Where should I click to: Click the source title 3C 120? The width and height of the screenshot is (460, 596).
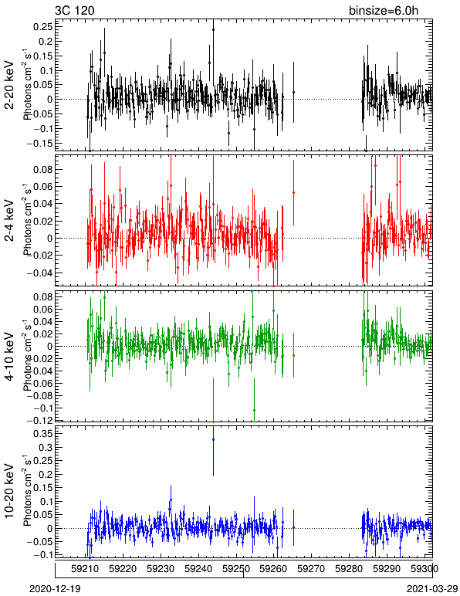[74, 10]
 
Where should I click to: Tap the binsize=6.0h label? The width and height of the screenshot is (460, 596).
[384, 11]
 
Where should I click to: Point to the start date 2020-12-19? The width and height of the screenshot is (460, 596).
[55, 589]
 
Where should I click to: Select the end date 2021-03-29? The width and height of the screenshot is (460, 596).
[432, 589]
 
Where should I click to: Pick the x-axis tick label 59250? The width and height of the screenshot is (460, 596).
[236, 569]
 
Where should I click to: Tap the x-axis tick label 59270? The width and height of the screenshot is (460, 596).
[312, 569]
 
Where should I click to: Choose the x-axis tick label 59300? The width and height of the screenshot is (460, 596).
[424, 569]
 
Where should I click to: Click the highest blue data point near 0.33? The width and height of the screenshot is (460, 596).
[214, 440]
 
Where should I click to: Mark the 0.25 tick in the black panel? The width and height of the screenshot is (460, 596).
[44, 26]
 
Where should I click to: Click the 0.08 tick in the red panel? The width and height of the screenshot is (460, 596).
[44, 170]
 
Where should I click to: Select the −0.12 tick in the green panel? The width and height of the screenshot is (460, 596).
[40, 420]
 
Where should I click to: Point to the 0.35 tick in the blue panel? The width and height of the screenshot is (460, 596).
[44, 434]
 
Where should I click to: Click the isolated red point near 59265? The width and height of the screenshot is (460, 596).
[293, 192]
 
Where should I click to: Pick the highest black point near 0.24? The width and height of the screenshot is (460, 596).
[214, 29]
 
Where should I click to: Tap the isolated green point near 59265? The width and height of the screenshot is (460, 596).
[293, 355]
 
